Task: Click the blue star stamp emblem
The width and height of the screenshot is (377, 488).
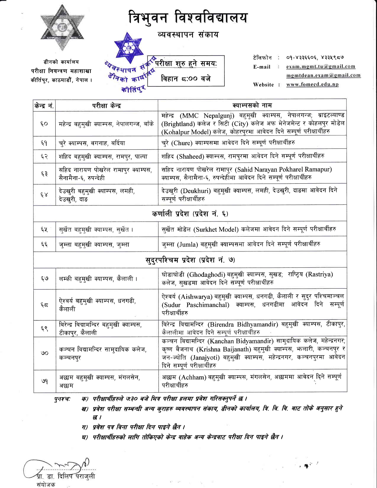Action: tap(128, 47)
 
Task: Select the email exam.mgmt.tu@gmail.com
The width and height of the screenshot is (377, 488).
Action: tap(321, 67)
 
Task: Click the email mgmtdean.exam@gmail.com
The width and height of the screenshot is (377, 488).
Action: tap(323, 75)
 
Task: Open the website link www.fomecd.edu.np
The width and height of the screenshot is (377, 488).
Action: tap(312, 85)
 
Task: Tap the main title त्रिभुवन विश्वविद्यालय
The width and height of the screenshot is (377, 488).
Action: tap(188, 18)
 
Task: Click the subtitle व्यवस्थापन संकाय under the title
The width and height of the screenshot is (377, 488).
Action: tap(188, 35)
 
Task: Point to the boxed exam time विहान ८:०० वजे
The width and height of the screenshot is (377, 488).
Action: tap(186, 78)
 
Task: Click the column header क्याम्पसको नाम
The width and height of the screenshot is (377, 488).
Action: tap(252, 105)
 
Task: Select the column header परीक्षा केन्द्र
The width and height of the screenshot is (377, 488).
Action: tap(106, 106)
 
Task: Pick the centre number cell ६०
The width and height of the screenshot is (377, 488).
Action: tap(44, 124)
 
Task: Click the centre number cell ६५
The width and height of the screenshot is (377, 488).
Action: tap(44, 229)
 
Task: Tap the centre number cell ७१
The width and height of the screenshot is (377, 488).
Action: tap(44, 381)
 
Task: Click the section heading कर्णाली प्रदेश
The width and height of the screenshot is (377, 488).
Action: tap(190, 213)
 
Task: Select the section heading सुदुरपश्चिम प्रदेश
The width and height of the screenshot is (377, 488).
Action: tap(190, 260)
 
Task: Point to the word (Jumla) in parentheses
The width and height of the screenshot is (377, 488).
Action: tap(187, 245)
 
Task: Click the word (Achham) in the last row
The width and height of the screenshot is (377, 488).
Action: tap(192, 377)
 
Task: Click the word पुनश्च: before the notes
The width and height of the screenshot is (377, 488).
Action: tap(62, 399)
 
